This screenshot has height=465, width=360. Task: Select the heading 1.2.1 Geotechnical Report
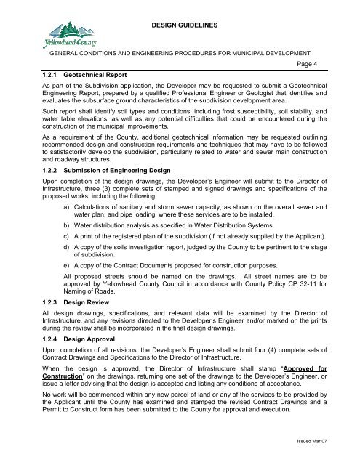pyautogui.click(x=63, y=74)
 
